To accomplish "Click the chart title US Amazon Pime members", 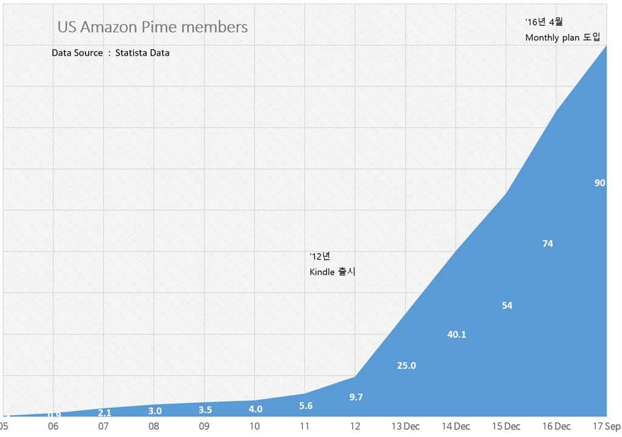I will pos(152,27).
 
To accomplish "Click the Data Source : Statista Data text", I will pos(111,53).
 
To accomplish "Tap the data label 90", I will pos(600,183).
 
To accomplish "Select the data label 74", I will pos(547,244).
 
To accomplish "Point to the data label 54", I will pos(507,306).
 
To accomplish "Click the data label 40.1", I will pos(456,334).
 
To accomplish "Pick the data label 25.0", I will pos(406,366).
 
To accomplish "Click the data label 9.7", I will pos(356,397).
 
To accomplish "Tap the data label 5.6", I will pos(306,406).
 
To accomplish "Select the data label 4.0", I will pos(255,410).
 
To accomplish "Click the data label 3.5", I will pos(205,410).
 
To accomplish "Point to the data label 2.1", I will pos(104,413).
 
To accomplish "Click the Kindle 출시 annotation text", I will pos(332,272).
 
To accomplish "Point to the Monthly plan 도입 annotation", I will pos(562,38).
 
